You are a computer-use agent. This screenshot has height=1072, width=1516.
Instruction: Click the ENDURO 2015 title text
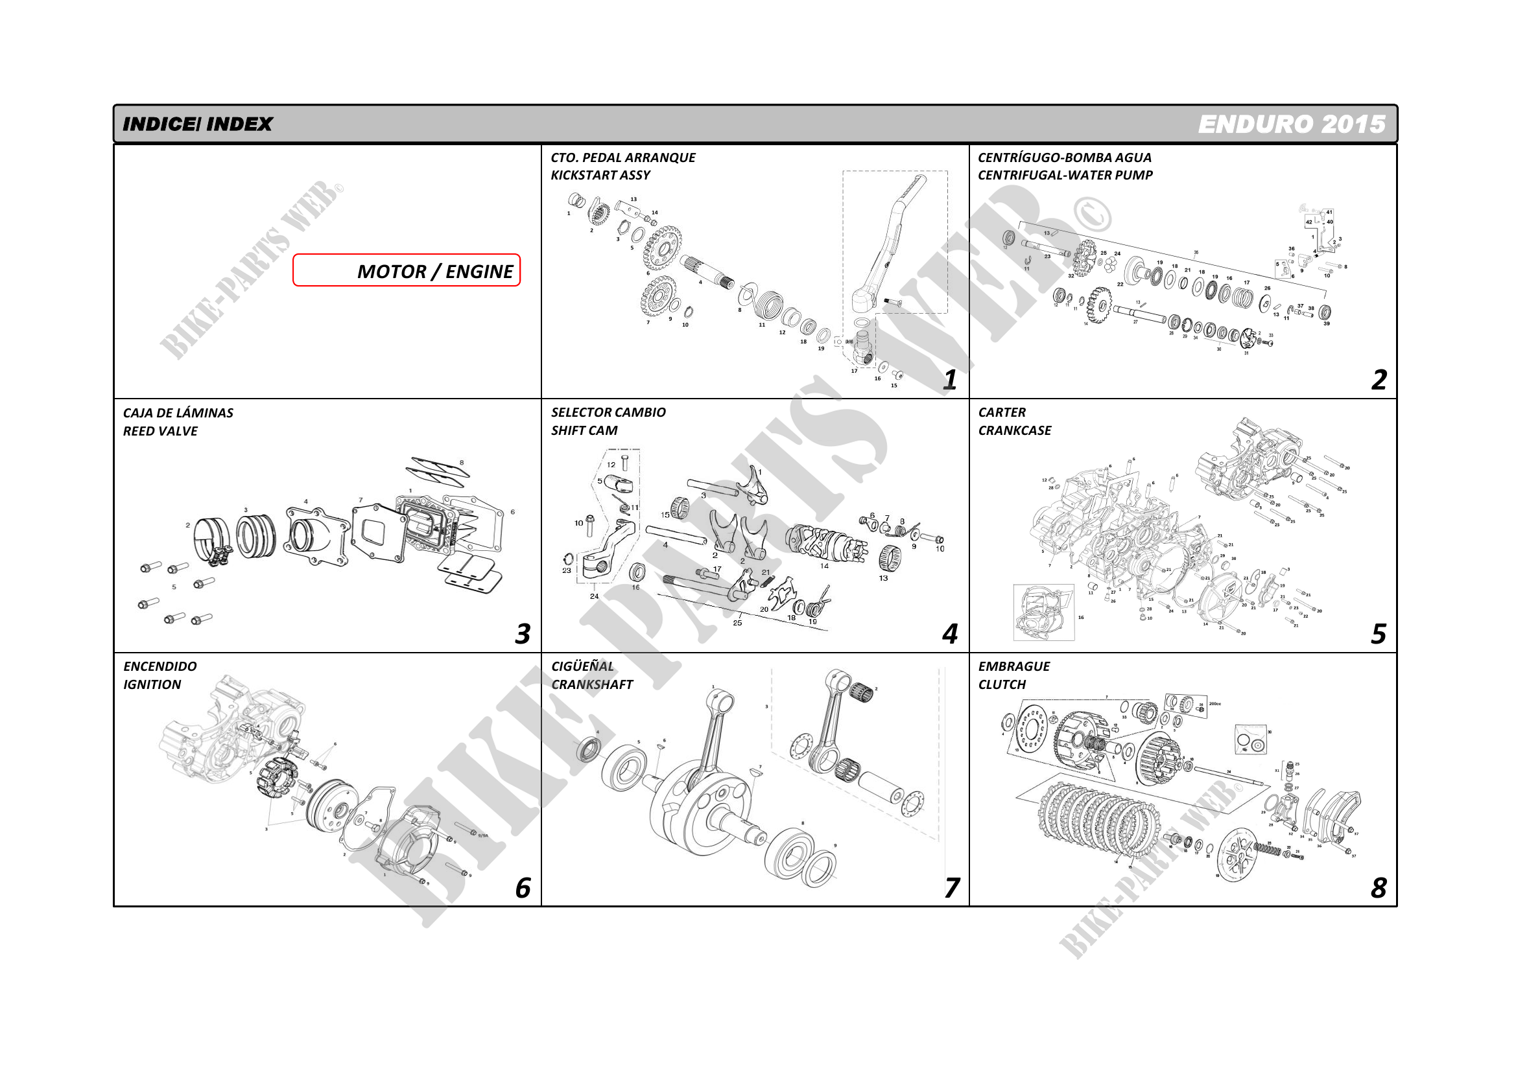(1291, 124)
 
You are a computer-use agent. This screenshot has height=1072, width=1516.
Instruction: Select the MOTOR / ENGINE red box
(406, 271)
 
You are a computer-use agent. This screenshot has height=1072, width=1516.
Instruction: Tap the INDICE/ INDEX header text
(197, 124)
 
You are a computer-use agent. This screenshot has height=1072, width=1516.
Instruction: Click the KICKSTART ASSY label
(600, 176)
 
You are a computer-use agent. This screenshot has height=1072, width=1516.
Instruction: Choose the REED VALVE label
(160, 431)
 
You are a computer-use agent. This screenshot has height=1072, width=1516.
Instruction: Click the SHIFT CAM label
(584, 430)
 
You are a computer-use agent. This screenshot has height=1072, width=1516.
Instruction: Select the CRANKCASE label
(1014, 430)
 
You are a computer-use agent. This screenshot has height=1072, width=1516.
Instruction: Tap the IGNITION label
(152, 684)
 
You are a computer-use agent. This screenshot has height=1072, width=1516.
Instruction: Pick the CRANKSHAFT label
(591, 684)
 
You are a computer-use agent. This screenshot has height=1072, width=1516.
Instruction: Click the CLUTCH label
(1002, 684)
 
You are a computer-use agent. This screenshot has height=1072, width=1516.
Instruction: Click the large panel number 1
(949, 380)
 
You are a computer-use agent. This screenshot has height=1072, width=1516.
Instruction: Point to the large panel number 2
(1378, 380)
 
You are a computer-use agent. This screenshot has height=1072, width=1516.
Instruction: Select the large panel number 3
(522, 634)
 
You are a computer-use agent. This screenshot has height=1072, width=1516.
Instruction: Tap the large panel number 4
(949, 634)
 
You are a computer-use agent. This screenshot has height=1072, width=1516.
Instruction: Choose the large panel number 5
(1378, 634)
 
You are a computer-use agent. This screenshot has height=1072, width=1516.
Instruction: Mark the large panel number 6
(522, 888)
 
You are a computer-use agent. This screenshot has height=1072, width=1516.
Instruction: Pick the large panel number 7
(951, 888)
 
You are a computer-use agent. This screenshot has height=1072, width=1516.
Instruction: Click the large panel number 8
(1378, 888)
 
